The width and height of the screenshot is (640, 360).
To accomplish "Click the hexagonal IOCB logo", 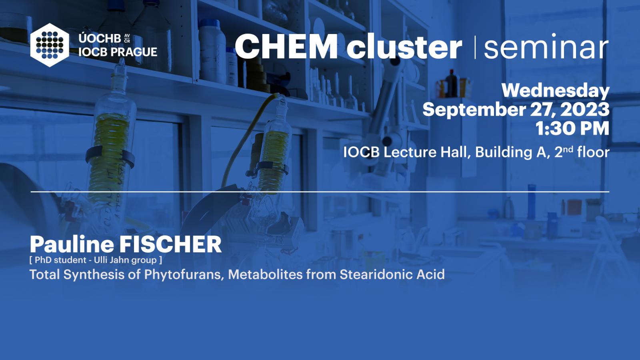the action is [50, 45].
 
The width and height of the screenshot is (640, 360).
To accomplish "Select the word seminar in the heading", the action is [546, 46].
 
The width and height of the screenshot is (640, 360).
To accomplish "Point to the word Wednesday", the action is [556, 90].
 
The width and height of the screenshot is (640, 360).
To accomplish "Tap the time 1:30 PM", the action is [572, 128].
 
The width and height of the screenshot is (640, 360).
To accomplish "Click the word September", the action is [474, 110].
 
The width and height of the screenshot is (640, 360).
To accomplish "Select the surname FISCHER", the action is [170, 244].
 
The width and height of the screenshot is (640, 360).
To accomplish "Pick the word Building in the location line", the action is [505, 152].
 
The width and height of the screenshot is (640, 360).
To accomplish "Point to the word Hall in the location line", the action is [455, 152].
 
